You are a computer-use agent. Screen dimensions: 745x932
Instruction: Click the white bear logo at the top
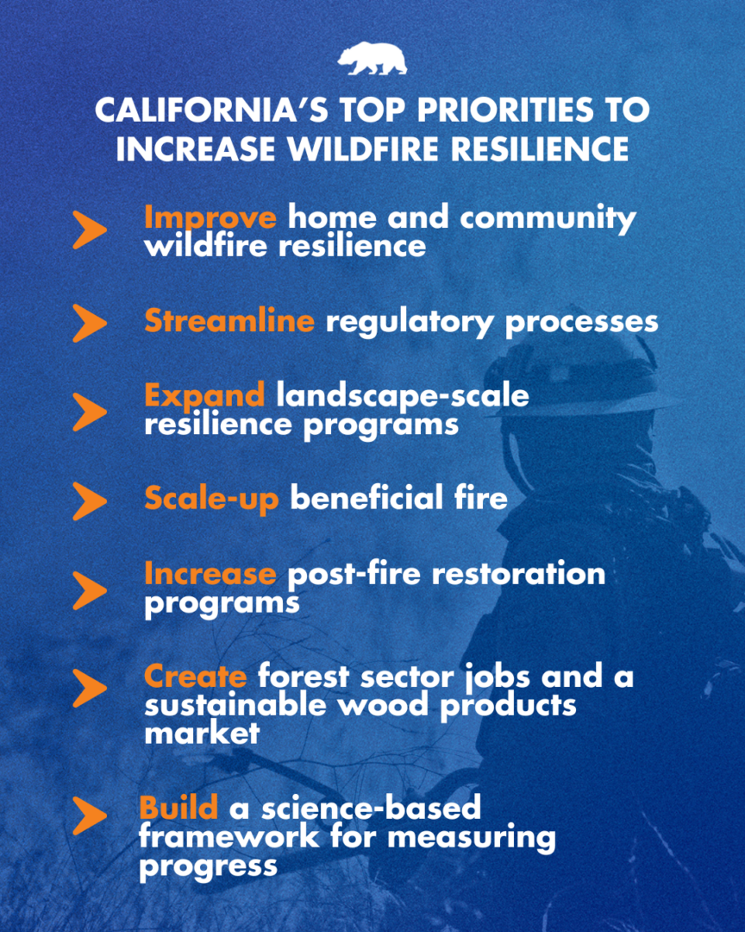[x=372, y=59]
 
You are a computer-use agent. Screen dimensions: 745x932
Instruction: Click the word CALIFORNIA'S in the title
[x=211, y=110]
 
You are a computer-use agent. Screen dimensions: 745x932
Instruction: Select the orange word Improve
[x=210, y=218]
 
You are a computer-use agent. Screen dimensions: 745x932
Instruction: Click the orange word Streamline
[x=229, y=321]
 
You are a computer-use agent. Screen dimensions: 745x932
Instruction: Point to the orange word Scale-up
[x=211, y=499]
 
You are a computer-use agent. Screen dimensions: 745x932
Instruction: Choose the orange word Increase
[x=210, y=574]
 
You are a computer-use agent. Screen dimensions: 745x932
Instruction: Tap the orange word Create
[x=196, y=677]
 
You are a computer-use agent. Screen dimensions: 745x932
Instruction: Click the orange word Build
[x=178, y=808]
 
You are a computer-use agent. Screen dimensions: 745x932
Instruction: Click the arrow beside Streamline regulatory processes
[x=90, y=323]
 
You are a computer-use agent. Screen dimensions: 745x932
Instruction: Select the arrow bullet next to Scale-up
[x=90, y=501]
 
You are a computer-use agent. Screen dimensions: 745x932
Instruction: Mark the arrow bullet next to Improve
[x=90, y=230]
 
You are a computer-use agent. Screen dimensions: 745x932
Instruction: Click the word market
[x=202, y=734]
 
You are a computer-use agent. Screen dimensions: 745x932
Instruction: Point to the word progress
[x=209, y=867]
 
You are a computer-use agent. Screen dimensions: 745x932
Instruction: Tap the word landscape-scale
[x=403, y=396]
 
